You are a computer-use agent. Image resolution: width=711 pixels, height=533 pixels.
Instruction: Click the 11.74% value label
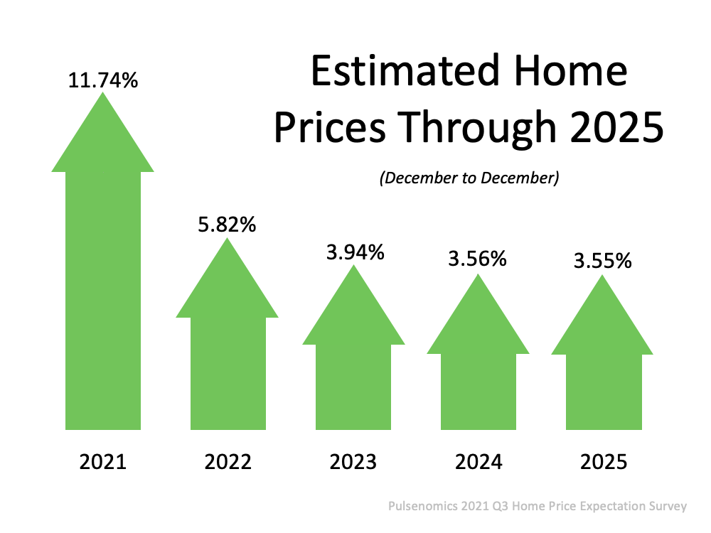(102, 80)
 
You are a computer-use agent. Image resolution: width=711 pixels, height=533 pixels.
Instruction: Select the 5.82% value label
(227, 225)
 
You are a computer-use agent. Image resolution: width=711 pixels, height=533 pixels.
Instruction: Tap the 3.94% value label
(354, 252)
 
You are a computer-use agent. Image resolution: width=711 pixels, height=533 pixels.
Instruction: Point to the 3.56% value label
(477, 259)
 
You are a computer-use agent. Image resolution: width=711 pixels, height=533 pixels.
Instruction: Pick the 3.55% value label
(602, 261)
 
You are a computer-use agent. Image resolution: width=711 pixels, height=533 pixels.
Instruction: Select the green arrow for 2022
(227, 355)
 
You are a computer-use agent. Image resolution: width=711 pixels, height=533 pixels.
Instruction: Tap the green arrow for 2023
(354, 370)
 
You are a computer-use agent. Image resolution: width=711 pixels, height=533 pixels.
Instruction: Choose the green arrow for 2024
(478, 377)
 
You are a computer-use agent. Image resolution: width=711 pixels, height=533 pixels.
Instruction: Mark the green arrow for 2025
(602, 377)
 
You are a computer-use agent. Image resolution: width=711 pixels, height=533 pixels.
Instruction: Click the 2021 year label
(102, 463)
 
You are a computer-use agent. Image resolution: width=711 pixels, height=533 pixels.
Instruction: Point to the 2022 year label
(228, 463)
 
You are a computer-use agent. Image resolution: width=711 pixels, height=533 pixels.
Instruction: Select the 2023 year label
(353, 463)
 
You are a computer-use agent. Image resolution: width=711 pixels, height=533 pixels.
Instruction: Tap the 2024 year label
(478, 463)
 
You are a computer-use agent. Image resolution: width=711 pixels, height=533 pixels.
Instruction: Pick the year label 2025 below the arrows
(603, 463)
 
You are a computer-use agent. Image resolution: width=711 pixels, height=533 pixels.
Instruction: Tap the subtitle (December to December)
(469, 178)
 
